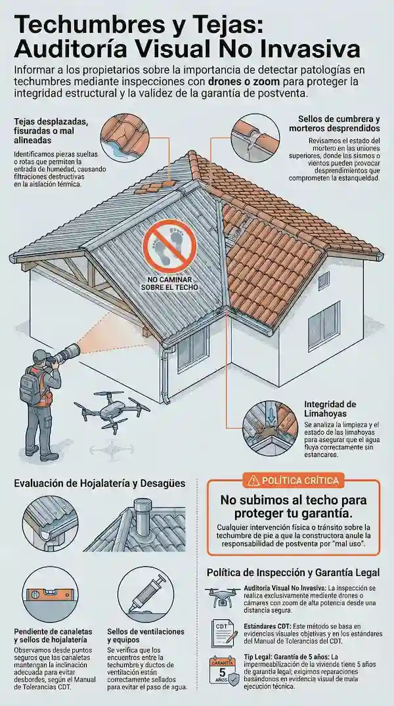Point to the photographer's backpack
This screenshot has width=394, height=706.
point(29,387)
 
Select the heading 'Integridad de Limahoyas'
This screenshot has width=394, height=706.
point(330,408)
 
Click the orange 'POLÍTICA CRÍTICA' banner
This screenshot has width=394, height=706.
point(293,481)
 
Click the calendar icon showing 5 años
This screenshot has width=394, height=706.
point(222,670)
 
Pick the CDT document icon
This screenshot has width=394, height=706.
point(223,631)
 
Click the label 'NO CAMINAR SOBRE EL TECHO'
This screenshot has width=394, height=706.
point(169,283)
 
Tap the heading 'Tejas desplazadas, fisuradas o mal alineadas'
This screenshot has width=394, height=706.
point(50,132)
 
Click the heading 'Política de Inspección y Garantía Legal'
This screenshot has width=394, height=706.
point(293,573)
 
